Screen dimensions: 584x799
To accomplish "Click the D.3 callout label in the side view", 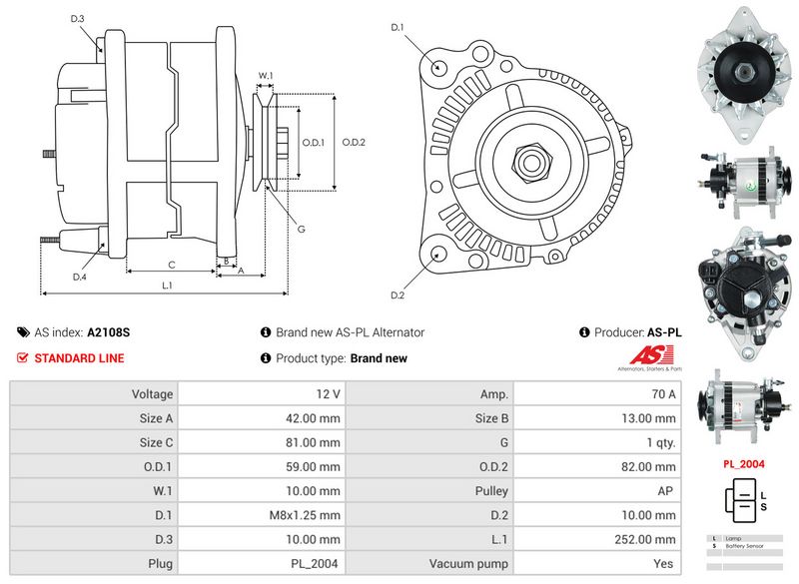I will click(x=78, y=19).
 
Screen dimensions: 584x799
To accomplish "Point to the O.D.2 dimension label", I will click(x=354, y=142).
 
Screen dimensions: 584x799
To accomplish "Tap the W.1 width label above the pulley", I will click(x=266, y=75).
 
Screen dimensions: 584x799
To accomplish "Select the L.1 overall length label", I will click(x=168, y=286).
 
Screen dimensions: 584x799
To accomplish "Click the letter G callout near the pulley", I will click(x=301, y=229).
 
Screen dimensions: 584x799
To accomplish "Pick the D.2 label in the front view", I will click(x=398, y=294).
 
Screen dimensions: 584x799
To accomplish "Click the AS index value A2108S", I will click(x=109, y=332).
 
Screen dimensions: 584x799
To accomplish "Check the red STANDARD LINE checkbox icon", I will click(x=23, y=357).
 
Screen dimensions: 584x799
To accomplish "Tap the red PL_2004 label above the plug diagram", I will click(x=744, y=464).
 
